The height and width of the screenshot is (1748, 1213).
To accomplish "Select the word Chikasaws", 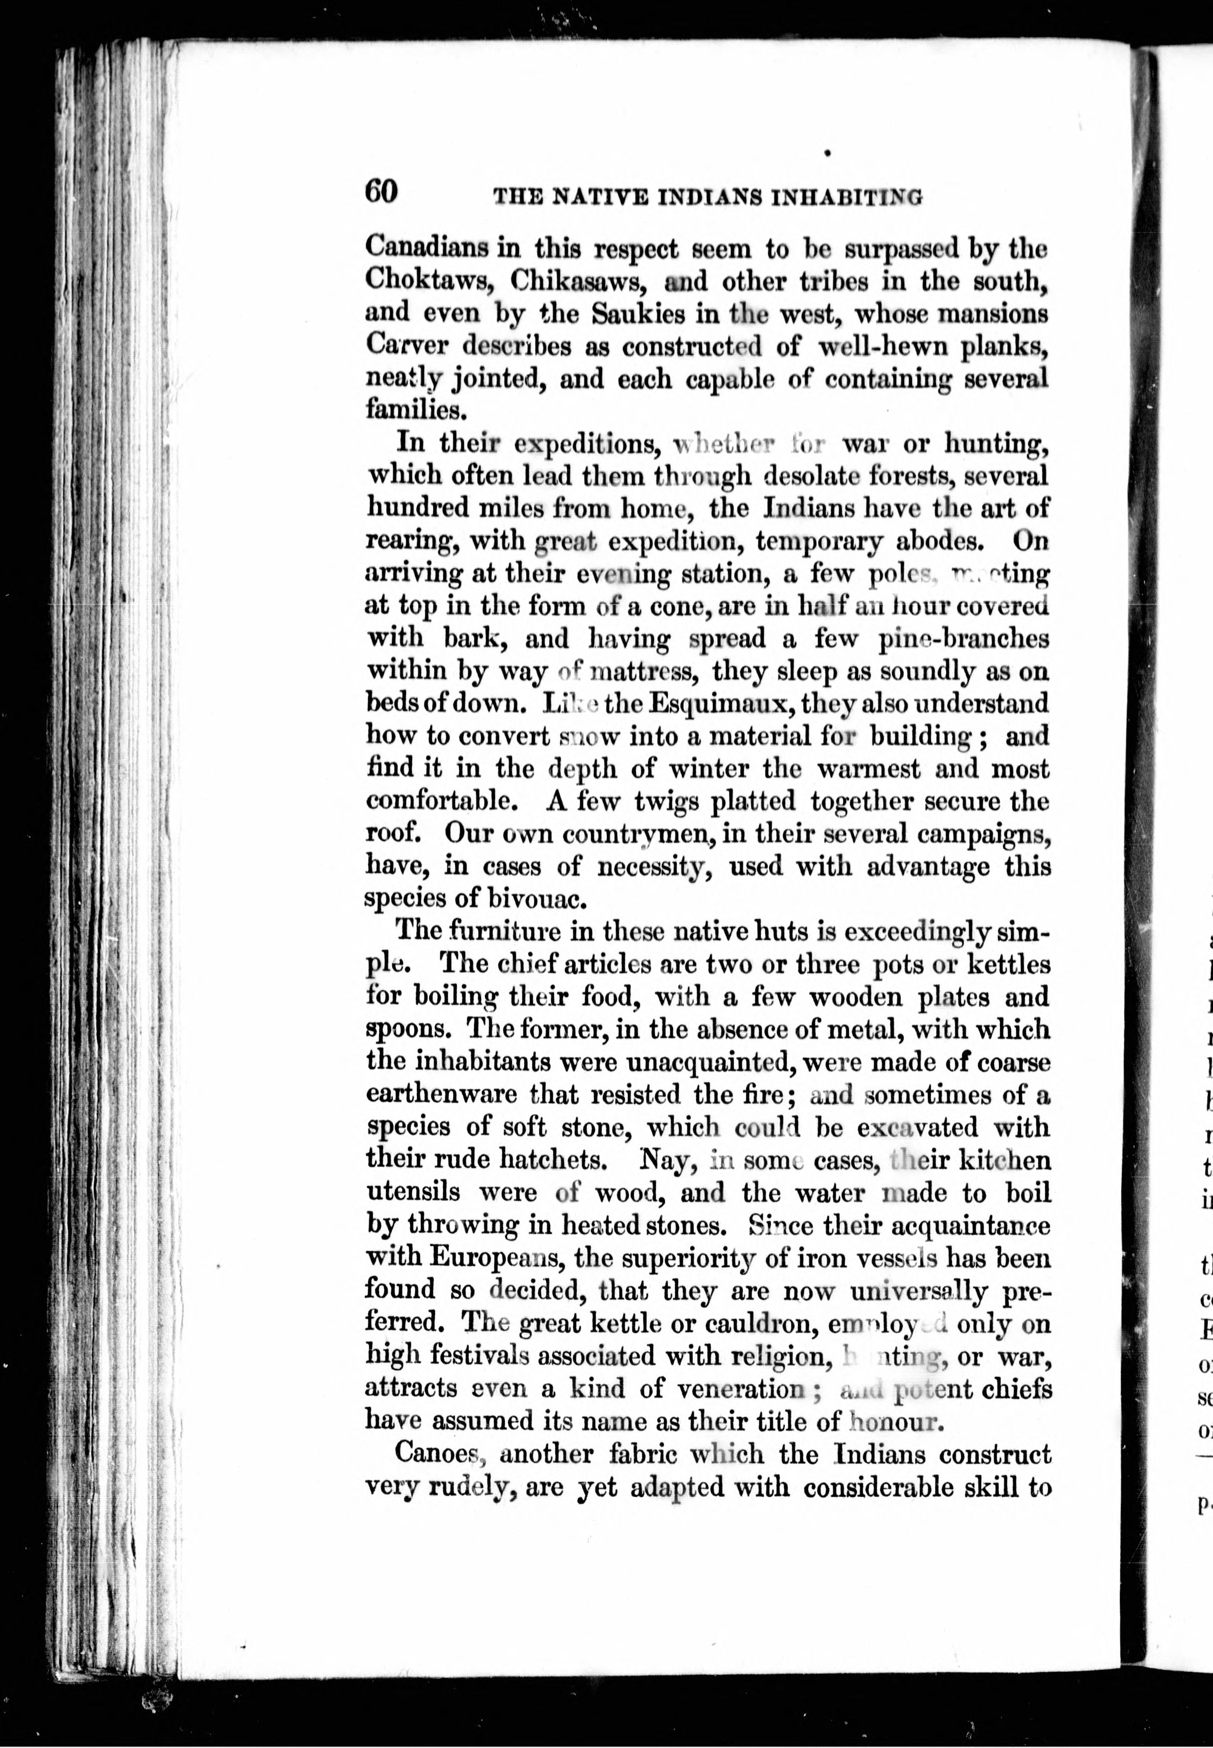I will [579, 281].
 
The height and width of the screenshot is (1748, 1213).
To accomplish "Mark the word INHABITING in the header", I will [847, 198].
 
